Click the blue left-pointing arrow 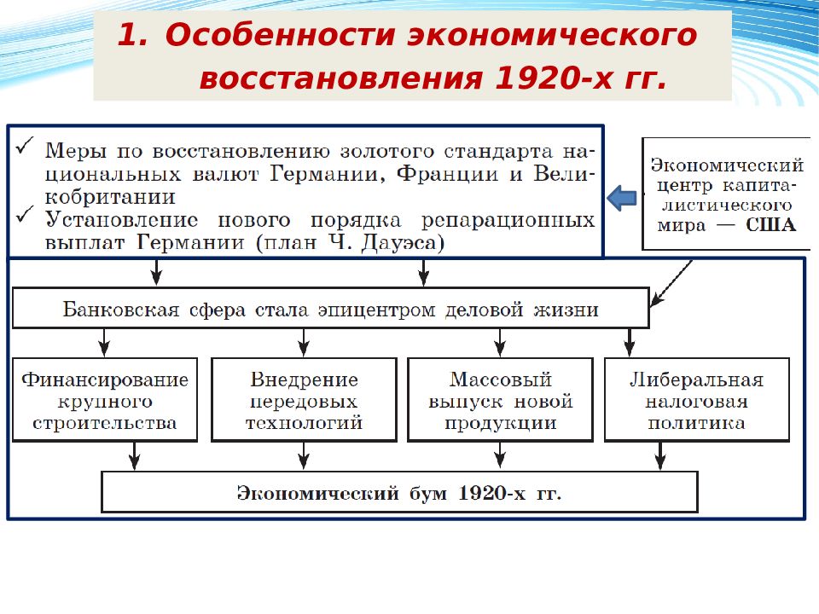point(622,198)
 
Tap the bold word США point(770,225)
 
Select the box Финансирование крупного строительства point(105,400)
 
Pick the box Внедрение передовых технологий point(304,400)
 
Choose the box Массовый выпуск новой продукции point(501,400)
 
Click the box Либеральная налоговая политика point(697,400)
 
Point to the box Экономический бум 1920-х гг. point(399,492)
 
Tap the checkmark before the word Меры point(25,146)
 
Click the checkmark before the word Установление point(25,214)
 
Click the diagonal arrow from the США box point(671,283)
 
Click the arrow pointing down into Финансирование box point(104,343)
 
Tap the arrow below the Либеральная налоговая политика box point(660,456)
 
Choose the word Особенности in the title point(280,35)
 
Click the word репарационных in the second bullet point(508,221)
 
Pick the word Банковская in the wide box point(120,310)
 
